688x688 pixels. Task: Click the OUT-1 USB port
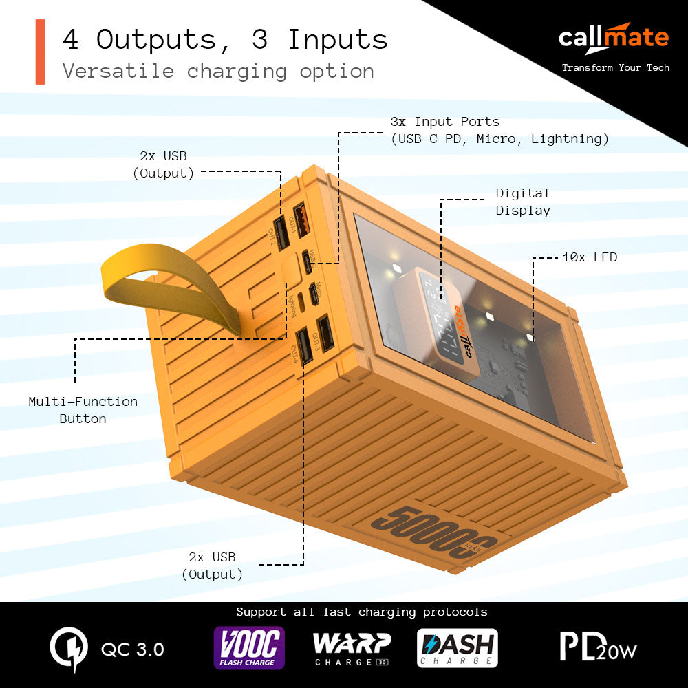301,221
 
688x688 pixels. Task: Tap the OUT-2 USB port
281,233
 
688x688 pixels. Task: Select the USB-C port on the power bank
308,264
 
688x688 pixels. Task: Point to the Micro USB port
314,294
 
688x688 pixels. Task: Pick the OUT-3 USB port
324,332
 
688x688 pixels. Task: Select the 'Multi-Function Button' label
83,409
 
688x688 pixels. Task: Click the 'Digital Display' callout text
522,202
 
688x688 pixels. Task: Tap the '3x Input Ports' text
499,130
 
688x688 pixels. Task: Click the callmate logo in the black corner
613,37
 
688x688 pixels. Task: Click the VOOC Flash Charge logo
248,647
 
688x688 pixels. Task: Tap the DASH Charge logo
457,648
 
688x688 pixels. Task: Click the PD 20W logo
598,647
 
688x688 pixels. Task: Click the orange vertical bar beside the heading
40,52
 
